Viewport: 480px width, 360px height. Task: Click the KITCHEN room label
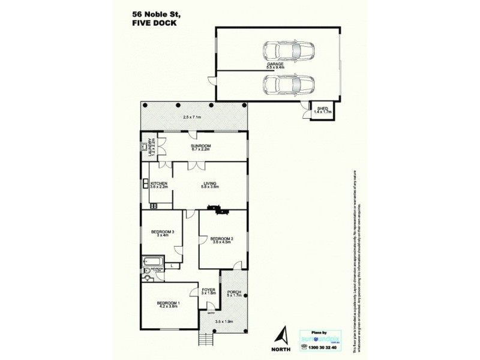click(x=158, y=185)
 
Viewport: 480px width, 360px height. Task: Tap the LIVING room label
click(x=209, y=185)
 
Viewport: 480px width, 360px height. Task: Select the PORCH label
click(x=234, y=293)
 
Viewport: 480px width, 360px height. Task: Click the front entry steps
click(x=206, y=340)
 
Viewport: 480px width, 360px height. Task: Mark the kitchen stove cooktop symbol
click(x=153, y=206)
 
